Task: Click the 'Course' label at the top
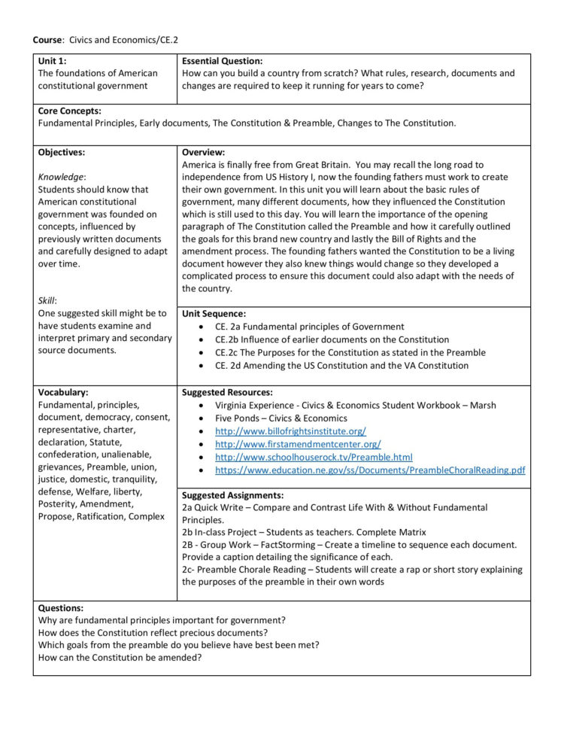point(47,38)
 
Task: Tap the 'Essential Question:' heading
point(222,61)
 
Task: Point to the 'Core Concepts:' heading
point(69,111)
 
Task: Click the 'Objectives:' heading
point(62,152)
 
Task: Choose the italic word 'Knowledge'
point(62,177)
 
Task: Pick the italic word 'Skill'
point(48,300)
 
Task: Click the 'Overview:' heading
point(203,152)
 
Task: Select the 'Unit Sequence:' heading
point(214,313)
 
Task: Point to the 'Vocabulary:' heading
point(63,392)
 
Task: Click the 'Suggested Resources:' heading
point(227,392)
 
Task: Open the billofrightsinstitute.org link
point(290,431)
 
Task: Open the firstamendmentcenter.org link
point(298,444)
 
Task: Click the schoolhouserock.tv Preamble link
point(314,457)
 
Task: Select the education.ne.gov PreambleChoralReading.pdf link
point(370,470)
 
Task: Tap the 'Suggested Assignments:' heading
point(232,495)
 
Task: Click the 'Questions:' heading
point(60,608)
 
